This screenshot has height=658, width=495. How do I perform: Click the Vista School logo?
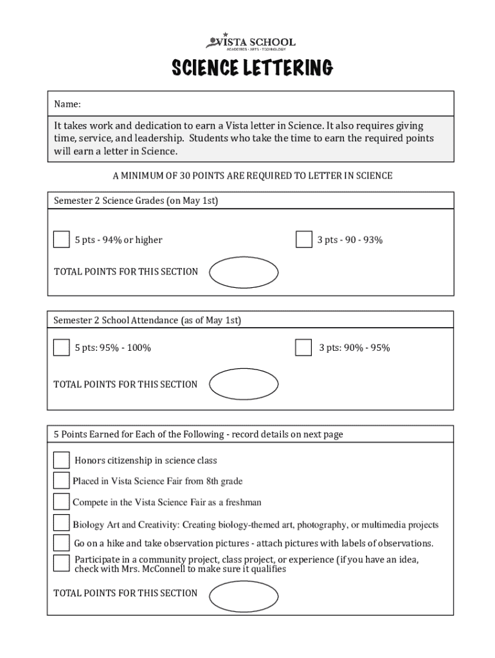(x=251, y=42)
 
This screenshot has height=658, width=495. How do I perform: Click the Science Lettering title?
(x=251, y=67)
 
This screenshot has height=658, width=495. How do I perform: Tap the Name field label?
(x=67, y=104)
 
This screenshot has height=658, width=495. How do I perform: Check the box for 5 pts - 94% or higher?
(x=61, y=240)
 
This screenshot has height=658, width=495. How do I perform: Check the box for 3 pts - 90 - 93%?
(x=303, y=240)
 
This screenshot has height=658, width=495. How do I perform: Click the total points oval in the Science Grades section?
(x=244, y=272)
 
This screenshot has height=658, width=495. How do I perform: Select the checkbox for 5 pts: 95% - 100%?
(x=61, y=348)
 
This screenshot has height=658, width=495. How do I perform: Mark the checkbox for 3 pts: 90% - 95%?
(x=303, y=348)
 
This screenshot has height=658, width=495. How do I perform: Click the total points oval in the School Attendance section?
(x=244, y=384)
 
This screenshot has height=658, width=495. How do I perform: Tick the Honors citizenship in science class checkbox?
(x=61, y=460)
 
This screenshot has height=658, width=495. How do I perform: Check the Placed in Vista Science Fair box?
(x=61, y=481)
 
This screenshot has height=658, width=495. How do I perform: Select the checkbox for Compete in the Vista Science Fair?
(x=61, y=501)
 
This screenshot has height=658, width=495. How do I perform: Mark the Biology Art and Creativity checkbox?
(x=61, y=522)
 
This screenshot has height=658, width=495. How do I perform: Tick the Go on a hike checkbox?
(x=61, y=542)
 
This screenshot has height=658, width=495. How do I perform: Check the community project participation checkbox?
(x=61, y=563)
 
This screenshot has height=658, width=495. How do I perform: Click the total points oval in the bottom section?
(x=244, y=595)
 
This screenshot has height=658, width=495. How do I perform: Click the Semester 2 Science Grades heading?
(x=136, y=201)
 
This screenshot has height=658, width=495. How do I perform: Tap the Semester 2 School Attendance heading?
(x=147, y=320)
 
